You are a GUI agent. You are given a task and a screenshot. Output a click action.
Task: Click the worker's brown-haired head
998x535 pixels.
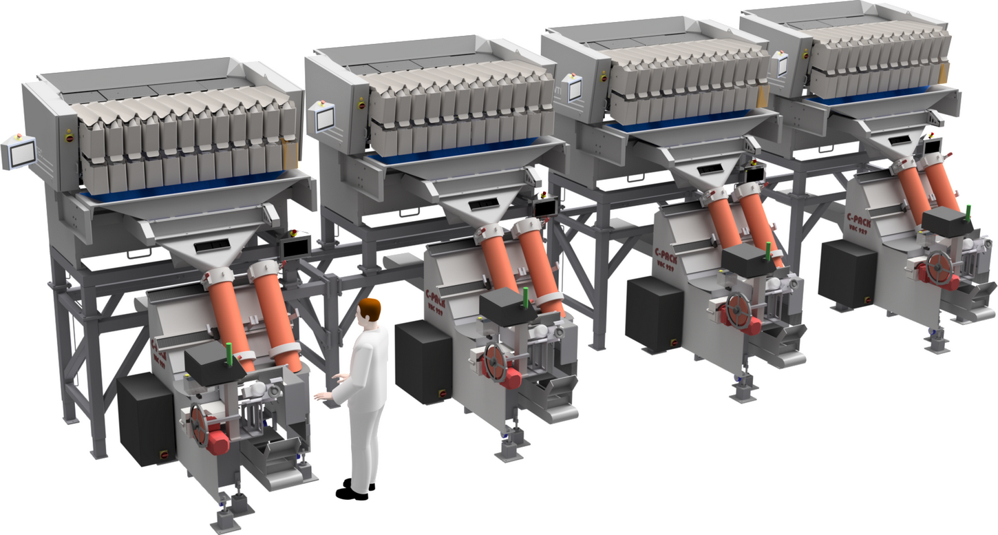[370, 311]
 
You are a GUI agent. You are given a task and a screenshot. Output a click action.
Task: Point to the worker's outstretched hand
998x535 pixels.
[321, 397]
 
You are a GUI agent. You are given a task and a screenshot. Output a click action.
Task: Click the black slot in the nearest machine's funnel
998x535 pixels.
[213, 246]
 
